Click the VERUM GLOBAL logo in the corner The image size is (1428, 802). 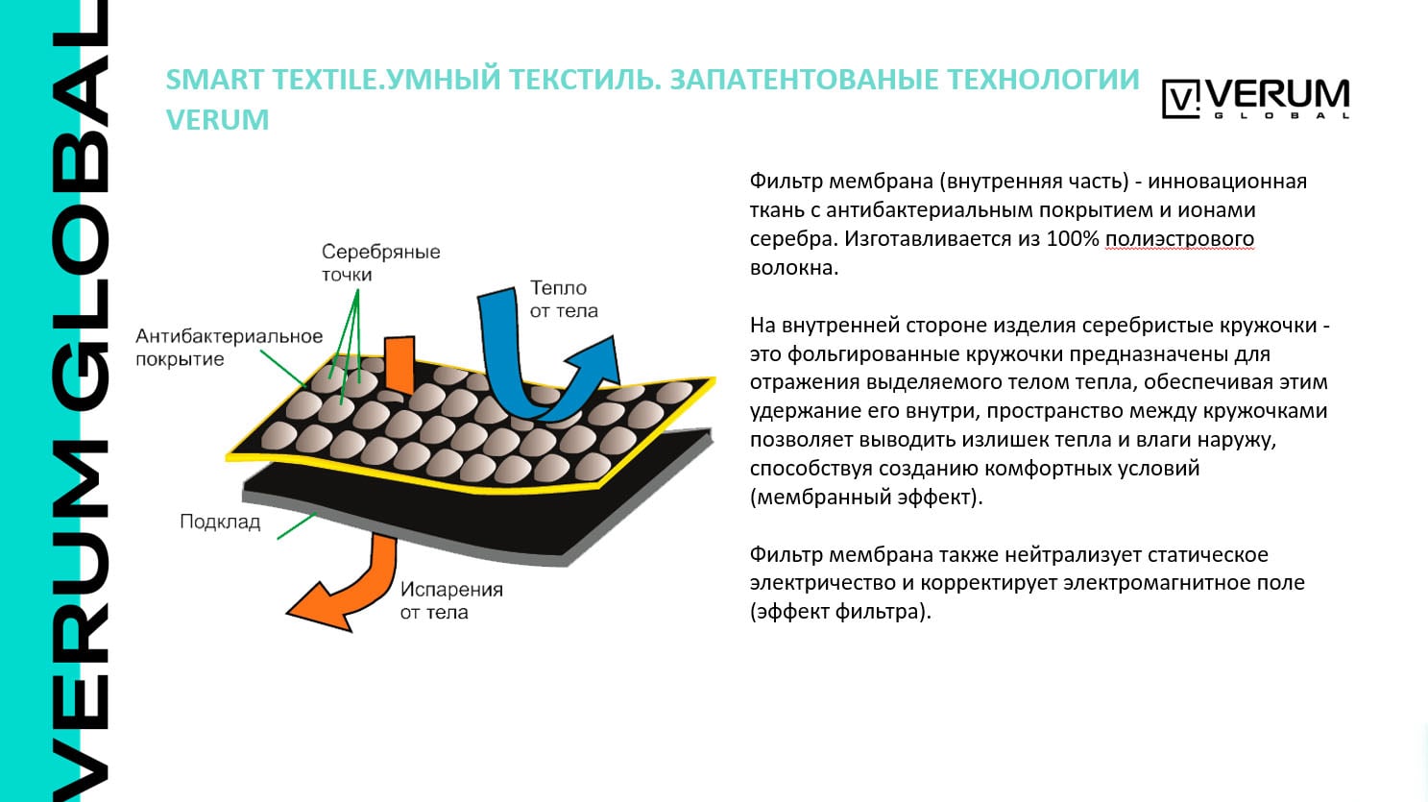click(x=1255, y=98)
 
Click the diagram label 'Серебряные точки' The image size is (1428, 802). click(x=380, y=262)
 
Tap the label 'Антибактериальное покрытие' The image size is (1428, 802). click(x=228, y=348)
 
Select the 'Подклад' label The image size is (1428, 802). click(x=220, y=522)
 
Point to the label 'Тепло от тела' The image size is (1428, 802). click(x=563, y=299)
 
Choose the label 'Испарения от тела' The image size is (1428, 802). click(x=450, y=600)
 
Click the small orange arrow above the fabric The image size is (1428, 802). click(x=399, y=362)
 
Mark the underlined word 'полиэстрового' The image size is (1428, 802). click(x=1179, y=238)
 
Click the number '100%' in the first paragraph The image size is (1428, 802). click(x=1072, y=238)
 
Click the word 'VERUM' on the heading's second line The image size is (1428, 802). click(x=217, y=120)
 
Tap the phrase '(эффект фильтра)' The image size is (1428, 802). click(x=840, y=611)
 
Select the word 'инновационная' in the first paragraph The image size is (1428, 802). click(x=1227, y=181)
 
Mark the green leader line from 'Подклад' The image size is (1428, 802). click(x=297, y=525)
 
